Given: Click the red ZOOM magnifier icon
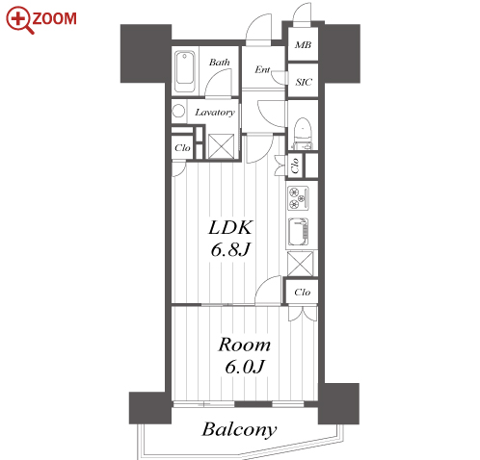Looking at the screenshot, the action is point(18,20).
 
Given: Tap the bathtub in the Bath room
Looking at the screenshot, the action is point(185,72).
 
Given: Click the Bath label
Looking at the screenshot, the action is point(220,62).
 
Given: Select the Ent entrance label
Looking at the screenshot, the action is point(262,69).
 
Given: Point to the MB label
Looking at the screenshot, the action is point(303,45).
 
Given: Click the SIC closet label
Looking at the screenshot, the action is point(304,82).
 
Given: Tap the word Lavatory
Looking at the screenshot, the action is point(215,113).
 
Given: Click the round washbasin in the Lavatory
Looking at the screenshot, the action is point(178,112).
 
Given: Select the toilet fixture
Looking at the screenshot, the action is point(303,133).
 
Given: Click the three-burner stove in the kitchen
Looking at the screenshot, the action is point(299,198).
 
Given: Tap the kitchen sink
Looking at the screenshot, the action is point(299,232).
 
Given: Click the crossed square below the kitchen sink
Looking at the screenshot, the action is point(300,264).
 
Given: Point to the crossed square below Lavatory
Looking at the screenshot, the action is point(222,146).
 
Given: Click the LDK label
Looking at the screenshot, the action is point(230,228).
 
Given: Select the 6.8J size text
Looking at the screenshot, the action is point(230,249).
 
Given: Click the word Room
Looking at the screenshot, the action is point(245,345).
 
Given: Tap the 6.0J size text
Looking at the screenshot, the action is point(245,367).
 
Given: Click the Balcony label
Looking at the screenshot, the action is point(239,429).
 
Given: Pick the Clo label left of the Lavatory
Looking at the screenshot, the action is point(182,148).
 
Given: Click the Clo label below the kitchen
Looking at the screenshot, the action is point(303,293).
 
